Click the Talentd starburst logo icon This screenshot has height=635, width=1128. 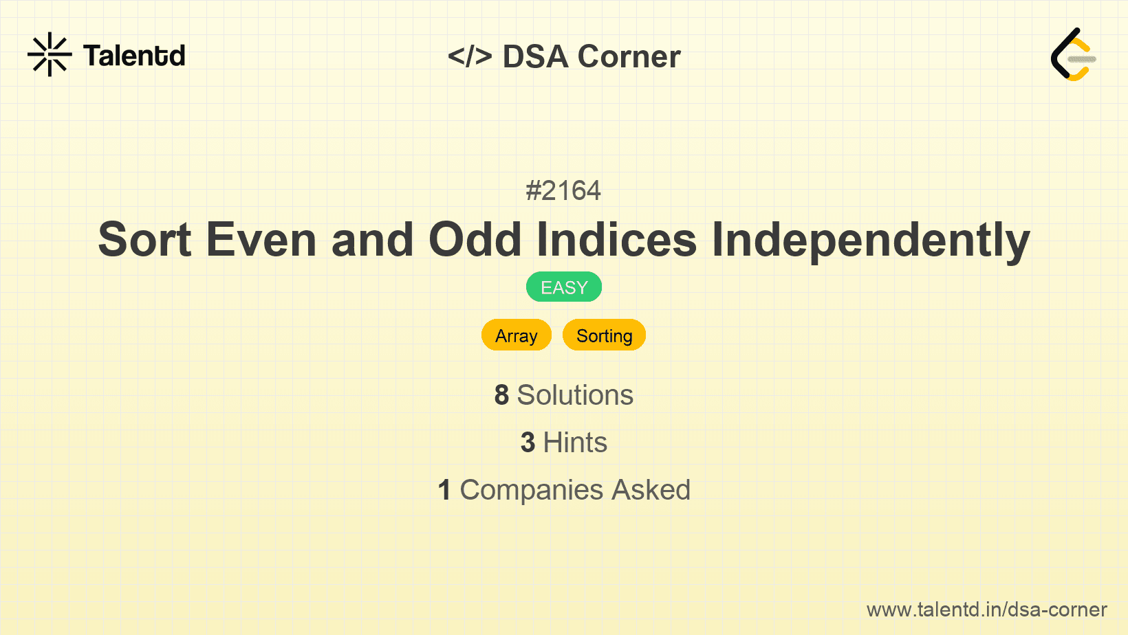coord(50,54)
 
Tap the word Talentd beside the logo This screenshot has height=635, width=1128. coord(134,56)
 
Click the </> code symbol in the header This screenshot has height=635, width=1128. coord(470,56)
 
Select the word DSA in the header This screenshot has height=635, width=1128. coord(535,56)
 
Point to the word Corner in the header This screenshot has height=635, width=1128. coord(629,56)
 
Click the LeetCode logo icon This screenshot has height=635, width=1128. coord(1073,54)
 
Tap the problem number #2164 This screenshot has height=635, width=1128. coord(563,190)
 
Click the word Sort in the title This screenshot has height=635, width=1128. coord(144,239)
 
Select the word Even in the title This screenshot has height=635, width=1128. coord(261,239)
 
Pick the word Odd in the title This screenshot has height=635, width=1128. coord(475,239)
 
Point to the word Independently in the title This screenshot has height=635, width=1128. coord(871,239)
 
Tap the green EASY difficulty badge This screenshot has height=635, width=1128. coord(564,287)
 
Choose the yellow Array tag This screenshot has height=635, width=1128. coord(517,335)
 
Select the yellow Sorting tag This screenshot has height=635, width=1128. coord(604,335)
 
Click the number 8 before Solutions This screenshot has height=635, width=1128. coord(501,395)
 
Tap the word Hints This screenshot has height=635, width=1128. coord(575,443)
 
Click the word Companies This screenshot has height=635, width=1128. coord(532,490)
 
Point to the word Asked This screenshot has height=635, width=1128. coord(651,490)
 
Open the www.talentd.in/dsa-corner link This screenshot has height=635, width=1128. coord(986,610)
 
